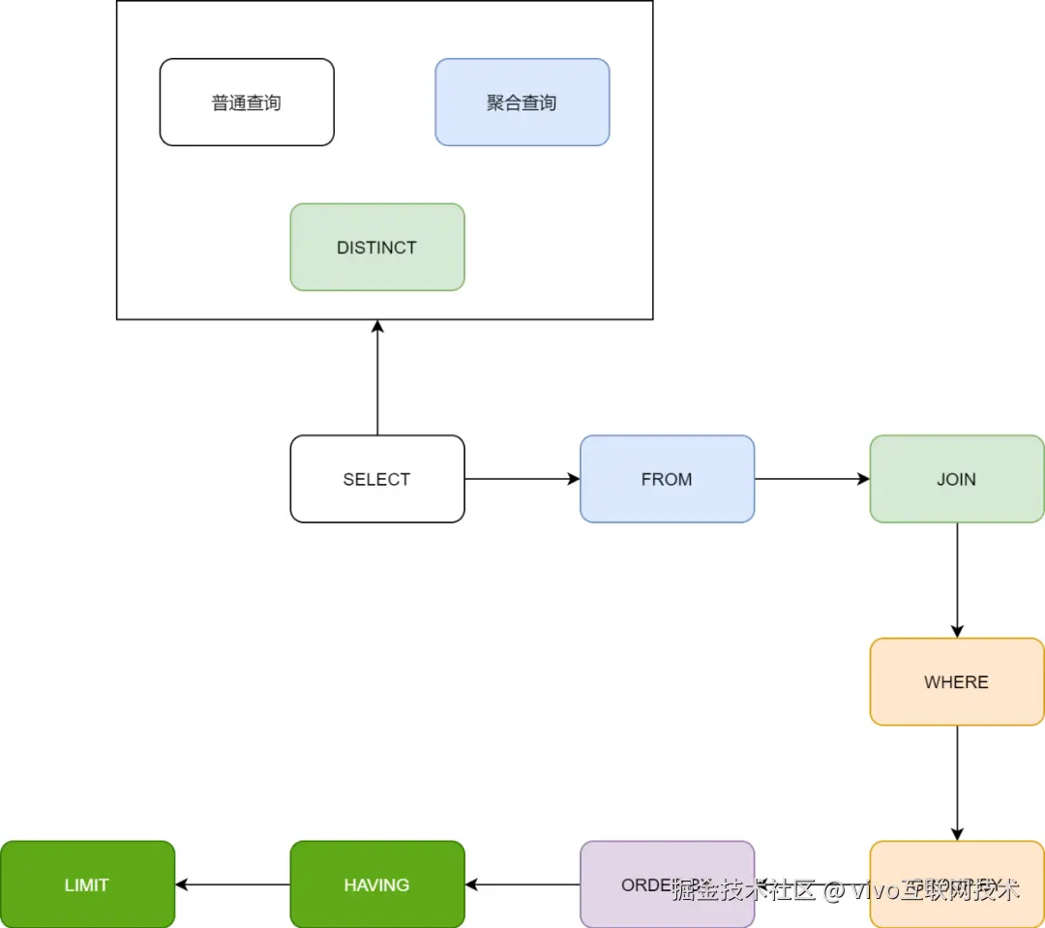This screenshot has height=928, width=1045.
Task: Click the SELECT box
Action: pos(377,479)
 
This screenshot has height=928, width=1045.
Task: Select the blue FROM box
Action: pos(667,479)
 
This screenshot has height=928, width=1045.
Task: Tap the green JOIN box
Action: pos(956,479)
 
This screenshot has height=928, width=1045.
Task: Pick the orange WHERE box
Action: pos(956,682)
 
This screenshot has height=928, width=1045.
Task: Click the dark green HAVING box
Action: pos(377,884)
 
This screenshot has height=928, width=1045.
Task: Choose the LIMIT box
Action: pos(87,884)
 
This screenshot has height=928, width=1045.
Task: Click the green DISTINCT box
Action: pos(377,247)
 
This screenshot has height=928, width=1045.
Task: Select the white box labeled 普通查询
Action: pos(247,103)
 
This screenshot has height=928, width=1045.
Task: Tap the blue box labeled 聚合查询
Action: pos(522,103)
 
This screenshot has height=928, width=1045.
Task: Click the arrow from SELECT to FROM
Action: pos(522,479)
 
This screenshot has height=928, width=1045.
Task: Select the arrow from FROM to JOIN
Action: pos(812,479)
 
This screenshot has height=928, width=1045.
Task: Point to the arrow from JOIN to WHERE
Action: pos(957,581)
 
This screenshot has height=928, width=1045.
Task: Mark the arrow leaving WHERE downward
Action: pos(957,783)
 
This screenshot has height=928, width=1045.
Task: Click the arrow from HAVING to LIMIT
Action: pos(232,884)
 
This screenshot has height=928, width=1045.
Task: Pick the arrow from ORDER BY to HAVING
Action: pos(522,884)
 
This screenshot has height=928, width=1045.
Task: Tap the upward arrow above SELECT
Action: pos(377,377)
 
